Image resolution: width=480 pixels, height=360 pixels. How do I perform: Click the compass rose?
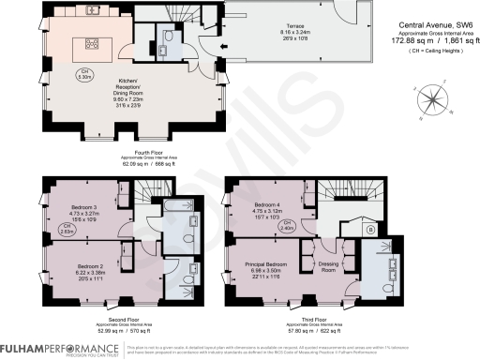click(432, 97)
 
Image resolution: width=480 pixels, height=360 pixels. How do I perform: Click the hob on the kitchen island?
click(95, 42)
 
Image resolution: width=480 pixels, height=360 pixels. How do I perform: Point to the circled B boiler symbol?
click(370, 228)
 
